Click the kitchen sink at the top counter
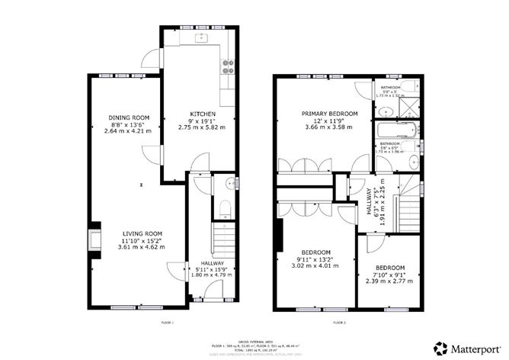[203, 36]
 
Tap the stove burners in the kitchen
[226, 68]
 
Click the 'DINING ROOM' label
[127, 116]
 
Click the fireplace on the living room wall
[94, 237]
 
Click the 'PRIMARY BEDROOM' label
[328, 113]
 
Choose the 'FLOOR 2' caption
[340, 324]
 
